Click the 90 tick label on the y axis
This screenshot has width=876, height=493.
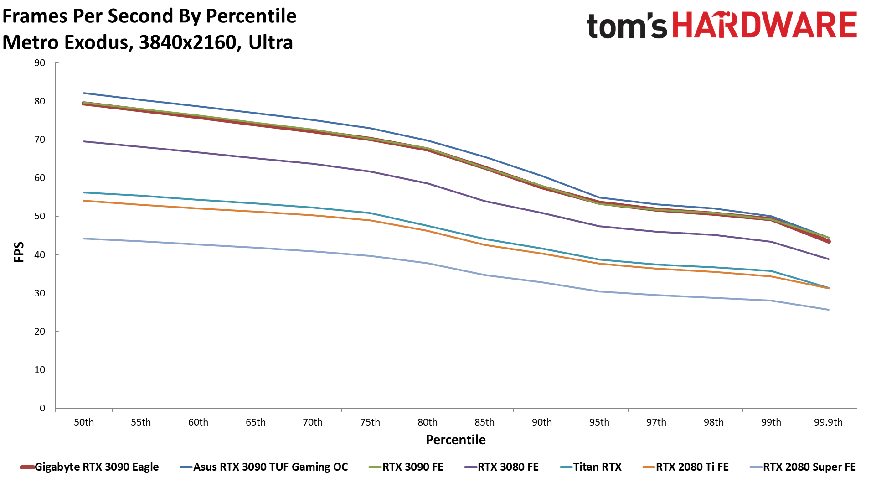point(40,63)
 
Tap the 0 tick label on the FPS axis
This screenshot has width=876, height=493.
point(42,408)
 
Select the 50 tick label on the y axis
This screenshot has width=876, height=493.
point(40,216)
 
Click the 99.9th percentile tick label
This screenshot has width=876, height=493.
point(828,422)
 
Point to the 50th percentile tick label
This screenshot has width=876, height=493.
point(84,422)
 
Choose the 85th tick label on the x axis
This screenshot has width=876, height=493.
point(484,422)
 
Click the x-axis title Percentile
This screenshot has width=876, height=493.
point(456,440)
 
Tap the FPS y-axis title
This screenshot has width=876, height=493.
point(19,252)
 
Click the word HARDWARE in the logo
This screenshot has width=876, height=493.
point(764,26)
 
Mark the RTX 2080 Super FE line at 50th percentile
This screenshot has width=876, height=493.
point(84,239)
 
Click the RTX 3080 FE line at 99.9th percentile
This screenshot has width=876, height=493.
point(828,259)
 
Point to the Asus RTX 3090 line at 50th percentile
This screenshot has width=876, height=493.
point(84,93)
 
